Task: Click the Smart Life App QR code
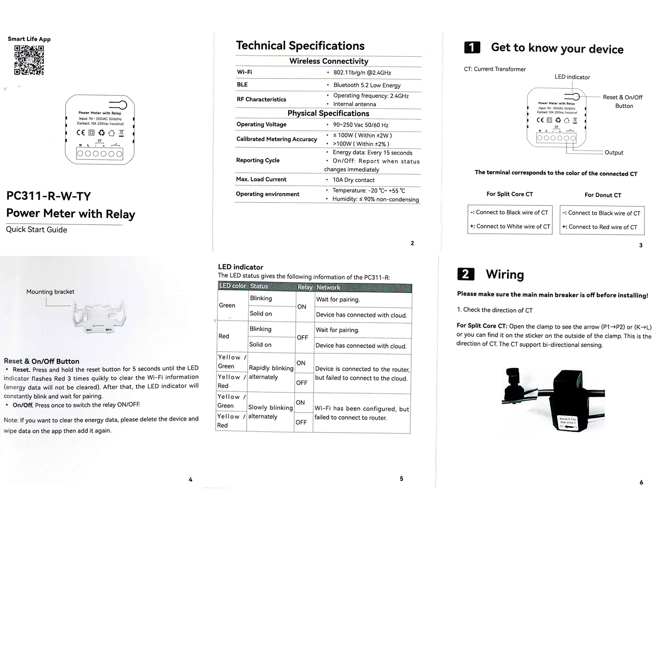pos(29,60)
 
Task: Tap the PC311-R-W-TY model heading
pos(48,196)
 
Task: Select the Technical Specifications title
pos(300,46)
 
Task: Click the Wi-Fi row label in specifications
pos(244,72)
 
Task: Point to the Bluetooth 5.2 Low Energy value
pos(367,85)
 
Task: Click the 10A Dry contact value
pos(353,180)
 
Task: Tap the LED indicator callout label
pos(572,77)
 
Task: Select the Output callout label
pos(614,152)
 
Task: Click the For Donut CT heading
pos(603,195)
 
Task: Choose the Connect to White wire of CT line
pos(510,227)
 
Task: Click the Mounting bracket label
pos(50,292)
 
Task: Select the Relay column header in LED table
pos(305,287)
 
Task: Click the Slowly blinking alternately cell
pos(270,412)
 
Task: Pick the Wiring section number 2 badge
pos(465,274)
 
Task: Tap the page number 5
pos(401,479)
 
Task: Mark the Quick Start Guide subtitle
pos(37,230)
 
